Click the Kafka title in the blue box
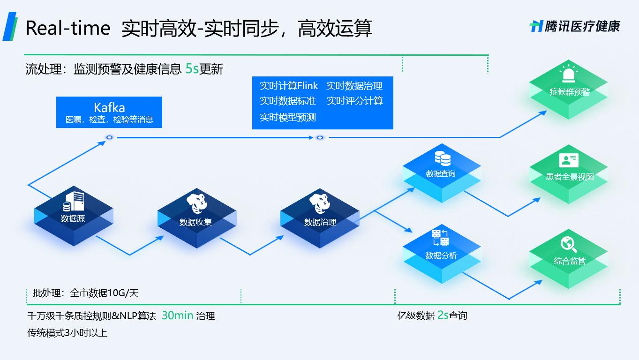(x=109, y=107)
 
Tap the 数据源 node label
(x=73, y=218)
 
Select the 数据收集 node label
(x=195, y=222)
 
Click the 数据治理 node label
(x=320, y=222)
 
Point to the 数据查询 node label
(x=441, y=173)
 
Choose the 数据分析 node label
(x=441, y=255)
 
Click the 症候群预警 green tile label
(x=570, y=92)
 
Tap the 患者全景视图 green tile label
(x=570, y=177)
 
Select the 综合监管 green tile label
(x=570, y=261)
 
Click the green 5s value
(x=192, y=69)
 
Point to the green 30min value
(x=177, y=315)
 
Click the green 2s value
(x=443, y=315)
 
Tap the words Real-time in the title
(x=68, y=28)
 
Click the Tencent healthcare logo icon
(x=536, y=26)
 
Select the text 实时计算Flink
(x=289, y=86)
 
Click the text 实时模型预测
(x=288, y=117)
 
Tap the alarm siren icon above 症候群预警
(x=569, y=75)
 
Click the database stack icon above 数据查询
(x=442, y=158)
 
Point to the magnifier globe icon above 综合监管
(x=568, y=244)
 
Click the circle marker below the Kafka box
(x=109, y=137)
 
